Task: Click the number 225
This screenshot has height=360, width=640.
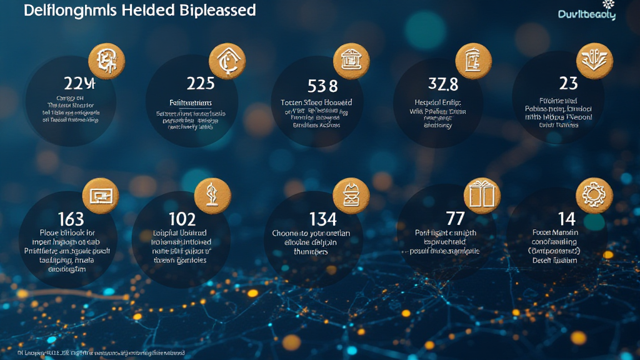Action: click(x=201, y=82)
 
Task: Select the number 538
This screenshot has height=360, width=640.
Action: click(x=323, y=84)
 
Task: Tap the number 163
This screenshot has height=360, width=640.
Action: click(x=71, y=219)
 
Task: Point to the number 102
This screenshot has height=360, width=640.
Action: click(x=182, y=219)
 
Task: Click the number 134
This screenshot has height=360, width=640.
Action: click(x=323, y=219)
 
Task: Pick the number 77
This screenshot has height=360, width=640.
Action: click(x=455, y=218)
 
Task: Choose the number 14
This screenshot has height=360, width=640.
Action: click(x=567, y=218)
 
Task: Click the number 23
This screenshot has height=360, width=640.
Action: click(x=568, y=82)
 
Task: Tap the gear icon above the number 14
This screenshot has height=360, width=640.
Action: click(x=590, y=193)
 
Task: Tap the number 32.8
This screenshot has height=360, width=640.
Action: click(x=443, y=84)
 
